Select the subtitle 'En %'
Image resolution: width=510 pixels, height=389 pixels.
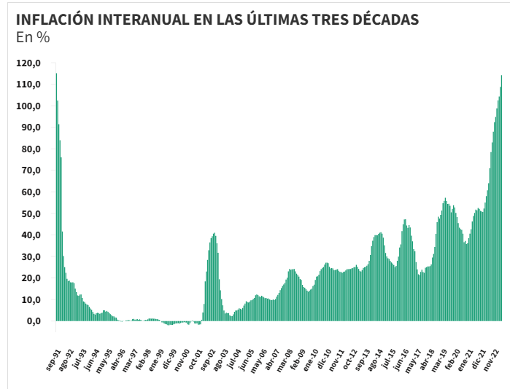point(33,38)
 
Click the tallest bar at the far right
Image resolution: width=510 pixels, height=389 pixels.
point(501,197)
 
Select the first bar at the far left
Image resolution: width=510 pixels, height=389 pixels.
point(56,197)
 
